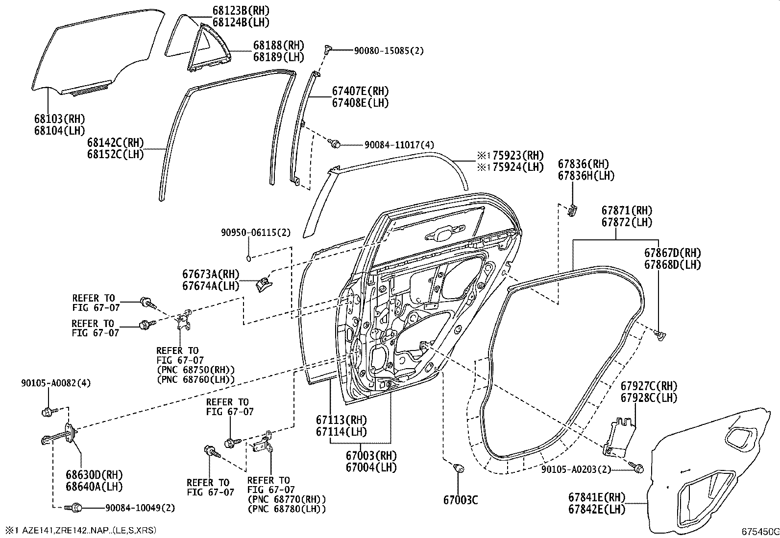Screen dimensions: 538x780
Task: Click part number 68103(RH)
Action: tap(59, 119)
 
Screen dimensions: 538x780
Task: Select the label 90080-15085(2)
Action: tap(389, 50)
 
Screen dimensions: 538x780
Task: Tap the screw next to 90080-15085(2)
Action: tap(327, 49)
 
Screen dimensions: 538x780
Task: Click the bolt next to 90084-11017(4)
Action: tap(336, 144)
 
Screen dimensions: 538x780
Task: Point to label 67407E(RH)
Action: tap(360, 91)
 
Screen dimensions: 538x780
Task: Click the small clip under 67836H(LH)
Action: tap(572, 211)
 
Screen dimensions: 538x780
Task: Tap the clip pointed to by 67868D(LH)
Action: tap(660, 335)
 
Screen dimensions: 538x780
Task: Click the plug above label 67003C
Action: tap(459, 469)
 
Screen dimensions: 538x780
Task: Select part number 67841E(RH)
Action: tap(597, 497)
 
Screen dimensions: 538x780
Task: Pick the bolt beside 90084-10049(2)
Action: tap(74, 508)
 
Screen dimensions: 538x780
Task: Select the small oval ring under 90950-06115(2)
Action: tap(249, 258)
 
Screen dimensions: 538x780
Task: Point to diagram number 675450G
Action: tap(759, 532)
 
